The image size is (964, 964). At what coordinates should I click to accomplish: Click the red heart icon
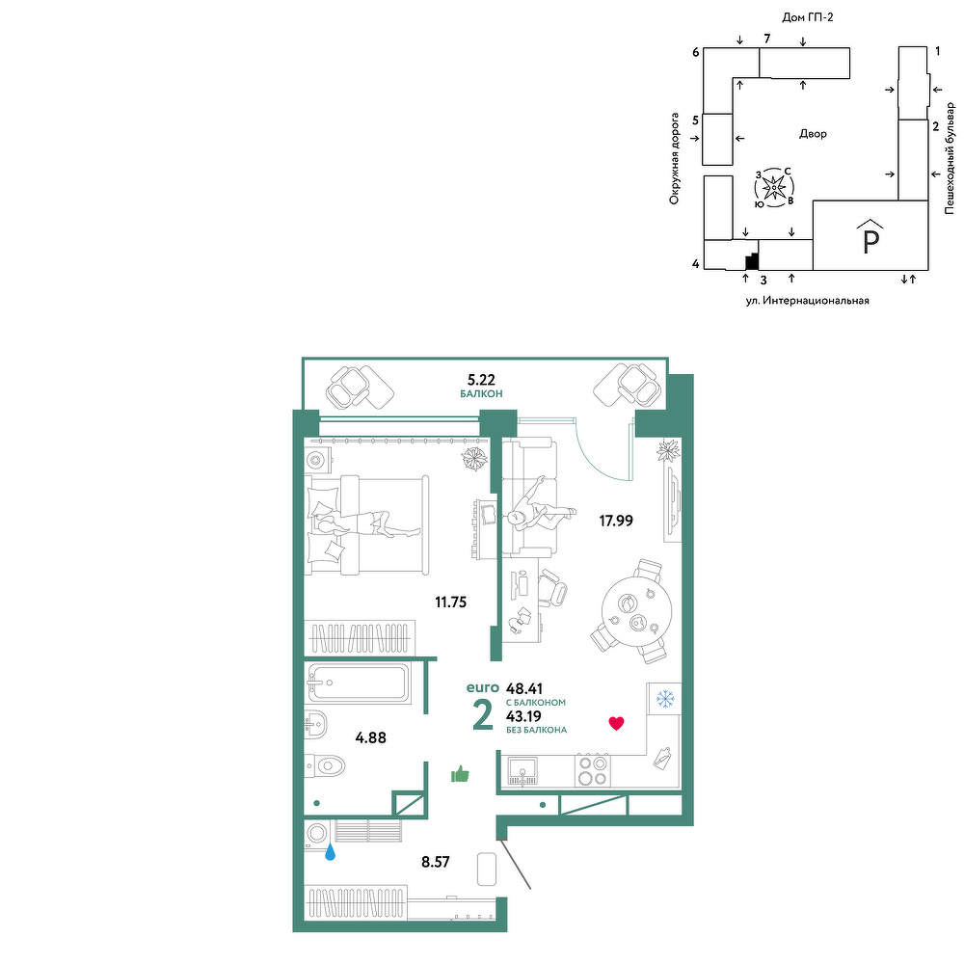616,724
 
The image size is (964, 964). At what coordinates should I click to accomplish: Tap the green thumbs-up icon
460,774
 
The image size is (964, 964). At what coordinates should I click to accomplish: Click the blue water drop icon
330,851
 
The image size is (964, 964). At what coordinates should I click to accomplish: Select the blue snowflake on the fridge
664,699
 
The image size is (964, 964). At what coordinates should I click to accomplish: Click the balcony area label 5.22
481,380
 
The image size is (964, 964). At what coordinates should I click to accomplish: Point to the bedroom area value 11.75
450,602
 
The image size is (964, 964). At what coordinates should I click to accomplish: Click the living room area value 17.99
616,521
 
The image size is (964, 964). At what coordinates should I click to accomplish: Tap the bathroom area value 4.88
371,737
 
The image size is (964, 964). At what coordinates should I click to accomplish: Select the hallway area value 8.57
436,862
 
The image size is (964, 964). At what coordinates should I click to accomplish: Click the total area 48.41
523,688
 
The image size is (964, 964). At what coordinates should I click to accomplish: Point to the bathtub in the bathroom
358,683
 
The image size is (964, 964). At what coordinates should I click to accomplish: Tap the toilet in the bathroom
325,766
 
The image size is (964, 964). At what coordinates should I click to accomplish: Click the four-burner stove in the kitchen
593,771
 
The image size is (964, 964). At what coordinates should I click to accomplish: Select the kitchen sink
522,771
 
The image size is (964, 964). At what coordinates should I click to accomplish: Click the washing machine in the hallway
318,835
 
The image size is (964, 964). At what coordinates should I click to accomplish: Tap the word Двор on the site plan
813,133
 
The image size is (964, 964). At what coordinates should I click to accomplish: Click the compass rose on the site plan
773,186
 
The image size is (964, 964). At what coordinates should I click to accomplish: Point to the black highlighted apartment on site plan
752,262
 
